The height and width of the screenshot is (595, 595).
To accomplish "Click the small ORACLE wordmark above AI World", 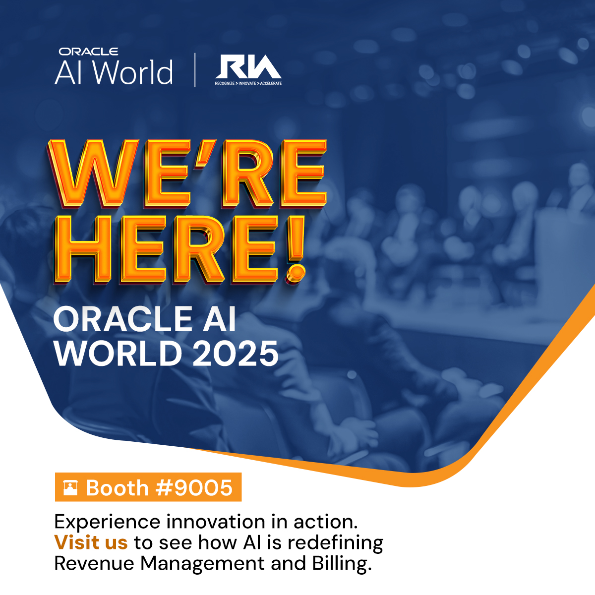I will (x=88, y=52).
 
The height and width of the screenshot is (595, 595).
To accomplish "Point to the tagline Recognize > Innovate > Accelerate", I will (x=248, y=83).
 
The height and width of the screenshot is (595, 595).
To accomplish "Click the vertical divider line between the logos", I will (x=194, y=69).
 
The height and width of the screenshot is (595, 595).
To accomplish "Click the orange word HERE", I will (x=171, y=250).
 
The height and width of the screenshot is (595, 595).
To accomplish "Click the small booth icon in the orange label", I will (x=70, y=488).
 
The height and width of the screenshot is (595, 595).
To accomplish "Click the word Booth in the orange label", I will (x=117, y=488).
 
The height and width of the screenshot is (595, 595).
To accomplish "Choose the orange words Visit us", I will (x=91, y=542).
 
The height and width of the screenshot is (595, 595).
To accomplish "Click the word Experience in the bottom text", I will (x=107, y=522).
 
